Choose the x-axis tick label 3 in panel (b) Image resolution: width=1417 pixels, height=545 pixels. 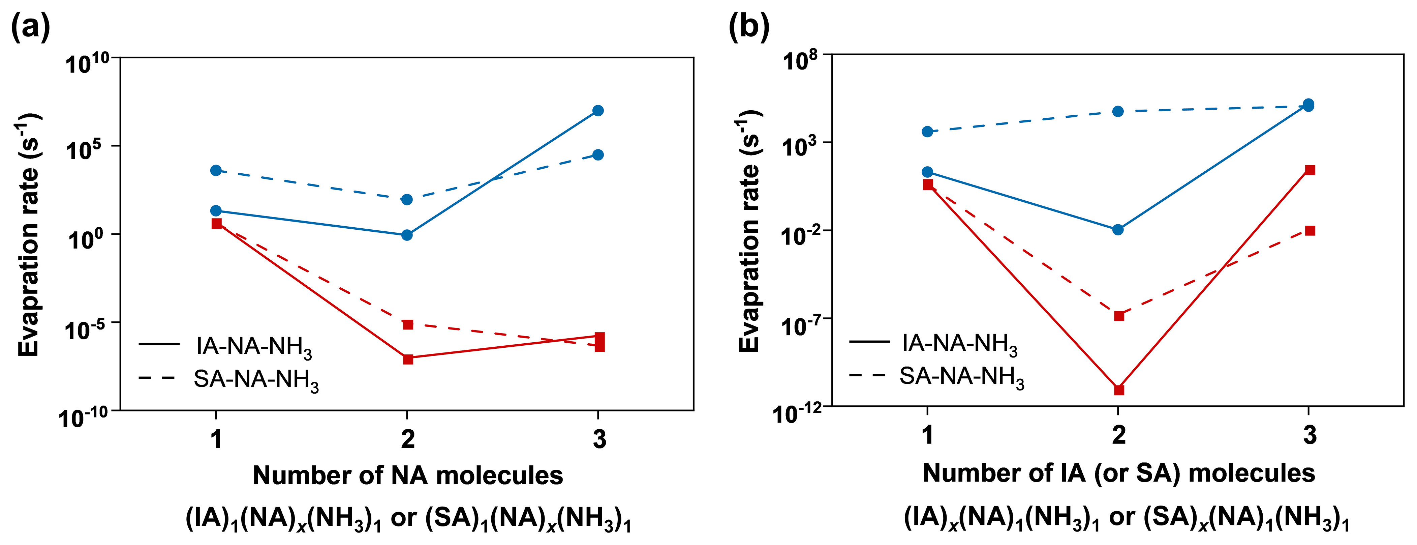coord(1310,435)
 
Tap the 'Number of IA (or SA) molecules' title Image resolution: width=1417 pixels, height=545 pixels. coord(1119,473)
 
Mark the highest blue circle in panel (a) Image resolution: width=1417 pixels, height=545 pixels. coord(598,111)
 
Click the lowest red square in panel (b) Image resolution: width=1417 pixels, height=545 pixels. coord(1119,390)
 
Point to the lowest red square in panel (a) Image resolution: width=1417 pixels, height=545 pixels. coord(408,359)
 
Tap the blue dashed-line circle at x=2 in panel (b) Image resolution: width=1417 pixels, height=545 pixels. coord(1118,112)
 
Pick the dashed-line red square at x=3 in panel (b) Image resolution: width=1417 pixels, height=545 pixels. coord(1310,231)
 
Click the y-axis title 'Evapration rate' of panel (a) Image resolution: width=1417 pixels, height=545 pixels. coord(29,234)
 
